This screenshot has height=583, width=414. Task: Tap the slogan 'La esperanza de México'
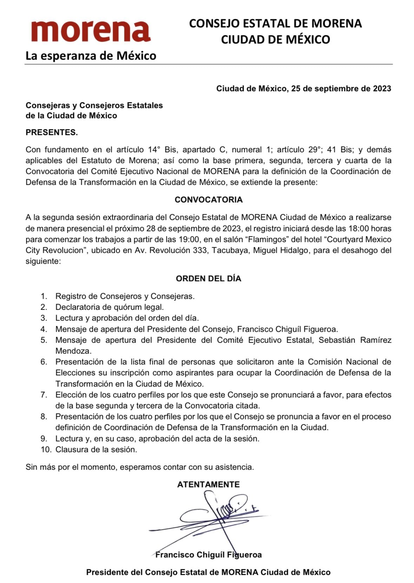(x=91, y=56)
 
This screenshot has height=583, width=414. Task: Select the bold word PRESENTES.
(x=52, y=132)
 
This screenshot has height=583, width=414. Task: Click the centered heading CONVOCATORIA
(x=209, y=200)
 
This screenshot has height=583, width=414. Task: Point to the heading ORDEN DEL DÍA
(x=209, y=279)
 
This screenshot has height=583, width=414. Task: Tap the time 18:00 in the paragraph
(x=359, y=228)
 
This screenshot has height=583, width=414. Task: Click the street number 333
(x=200, y=250)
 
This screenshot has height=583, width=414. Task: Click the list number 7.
(x=44, y=395)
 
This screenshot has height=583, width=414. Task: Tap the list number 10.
(x=45, y=449)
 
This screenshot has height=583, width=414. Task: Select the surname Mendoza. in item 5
(x=73, y=350)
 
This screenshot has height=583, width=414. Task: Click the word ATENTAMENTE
(x=209, y=484)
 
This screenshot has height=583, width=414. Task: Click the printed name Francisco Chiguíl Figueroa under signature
(x=209, y=555)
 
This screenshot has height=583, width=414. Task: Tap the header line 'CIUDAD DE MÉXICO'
(x=275, y=39)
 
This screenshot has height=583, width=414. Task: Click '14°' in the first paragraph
(x=152, y=150)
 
